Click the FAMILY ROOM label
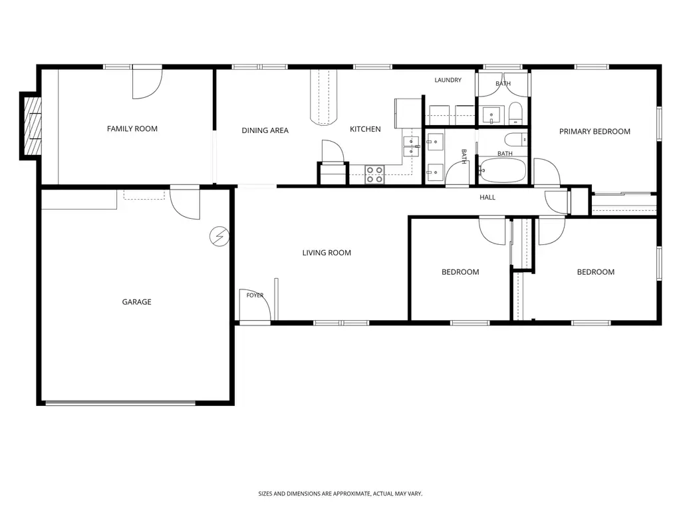pos(132,128)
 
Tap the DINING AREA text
pos(265,130)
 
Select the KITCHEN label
pos(365,129)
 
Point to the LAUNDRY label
pos(448,80)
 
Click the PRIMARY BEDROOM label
pos(595,131)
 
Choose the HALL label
pos(487,197)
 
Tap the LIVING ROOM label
pos(327,252)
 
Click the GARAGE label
pos(136,301)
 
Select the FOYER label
pos(255,295)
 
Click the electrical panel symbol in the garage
pos(219,236)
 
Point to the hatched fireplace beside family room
pos(33,126)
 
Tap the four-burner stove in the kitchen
pos(374,175)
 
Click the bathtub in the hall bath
pos(503,171)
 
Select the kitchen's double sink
pos(411,146)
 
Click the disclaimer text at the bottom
pos(340,494)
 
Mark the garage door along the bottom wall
pos(121,403)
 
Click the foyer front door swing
pos(255,305)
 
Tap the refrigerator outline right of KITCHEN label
pos(408,113)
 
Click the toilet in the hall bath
pos(516,140)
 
